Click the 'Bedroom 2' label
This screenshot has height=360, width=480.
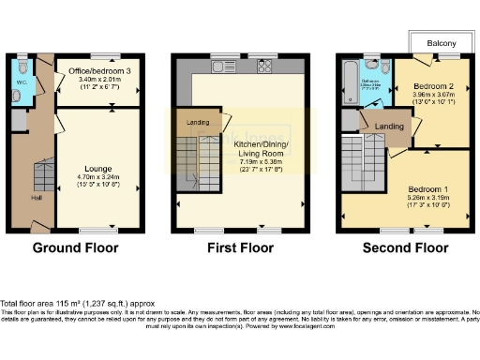(432, 85)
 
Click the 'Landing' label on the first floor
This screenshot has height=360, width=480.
(198, 123)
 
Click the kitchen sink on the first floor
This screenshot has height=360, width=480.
(222, 66)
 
